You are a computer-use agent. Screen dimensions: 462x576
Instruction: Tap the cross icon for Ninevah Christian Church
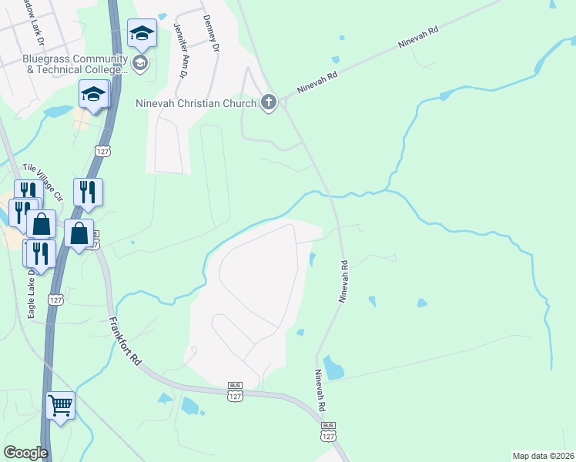pyautogui.click(x=269, y=102)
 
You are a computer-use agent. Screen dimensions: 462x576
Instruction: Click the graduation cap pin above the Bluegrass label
pyautogui.click(x=142, y=33)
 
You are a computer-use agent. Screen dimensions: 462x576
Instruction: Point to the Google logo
pyautogui.click(x=25, y=453)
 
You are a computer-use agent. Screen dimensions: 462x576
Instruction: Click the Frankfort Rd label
pyautogui.click(x=125, y=341)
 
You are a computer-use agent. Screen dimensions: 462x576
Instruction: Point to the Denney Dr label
pyautogui.click(x=210, y=33)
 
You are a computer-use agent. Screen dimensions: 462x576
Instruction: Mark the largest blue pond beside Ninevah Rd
pyautogui.click(x=333, y=367)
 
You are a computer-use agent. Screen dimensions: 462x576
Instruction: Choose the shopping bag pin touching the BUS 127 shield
pyautogui.click(x=79, y=233)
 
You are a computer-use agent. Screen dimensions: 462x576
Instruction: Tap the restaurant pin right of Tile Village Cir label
pyautogui.click(x=88, y=192)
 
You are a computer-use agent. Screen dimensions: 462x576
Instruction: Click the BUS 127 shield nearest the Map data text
pyautogui.click(x=329, y=431)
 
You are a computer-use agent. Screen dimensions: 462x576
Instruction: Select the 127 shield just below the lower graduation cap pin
pyautogui.click(x=103, y=150)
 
